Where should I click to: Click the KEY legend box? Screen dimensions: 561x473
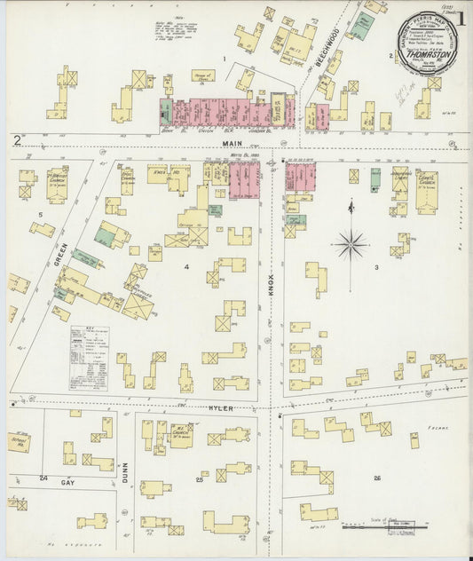[89, 357]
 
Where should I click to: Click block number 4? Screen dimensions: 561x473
[186, 265]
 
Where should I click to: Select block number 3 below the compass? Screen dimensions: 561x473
[376, 266]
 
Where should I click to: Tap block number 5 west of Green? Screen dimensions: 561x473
[40, 214]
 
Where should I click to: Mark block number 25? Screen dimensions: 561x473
[200, 479]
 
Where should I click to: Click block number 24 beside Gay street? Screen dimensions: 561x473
[43, 478]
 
